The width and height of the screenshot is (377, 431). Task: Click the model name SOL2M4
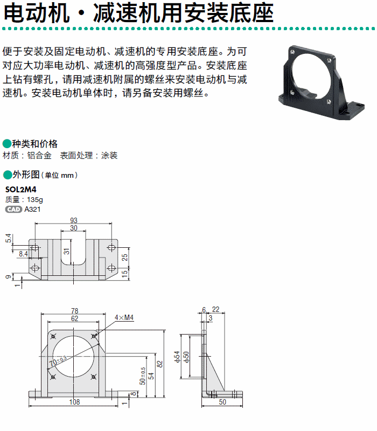click(x=20, y=190)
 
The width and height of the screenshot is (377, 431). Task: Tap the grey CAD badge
click(x=13, y=210)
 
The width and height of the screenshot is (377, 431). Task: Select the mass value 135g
click(x=35, y=199)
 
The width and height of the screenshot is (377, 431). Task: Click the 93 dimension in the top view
click(x=74, y=220)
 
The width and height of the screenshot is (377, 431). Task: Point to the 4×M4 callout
click(x=124, y=317)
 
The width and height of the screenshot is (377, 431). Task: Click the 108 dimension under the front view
click(x=74, y=402)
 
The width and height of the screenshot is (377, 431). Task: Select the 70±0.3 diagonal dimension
click(x=58, y=361)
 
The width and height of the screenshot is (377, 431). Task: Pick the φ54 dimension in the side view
click(x=177, y=357)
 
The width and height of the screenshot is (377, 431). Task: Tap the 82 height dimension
click(x=159, y=364)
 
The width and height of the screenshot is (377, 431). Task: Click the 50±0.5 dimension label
click(x=143, y=376)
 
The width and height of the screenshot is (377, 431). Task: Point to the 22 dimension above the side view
click(x=216, y=309)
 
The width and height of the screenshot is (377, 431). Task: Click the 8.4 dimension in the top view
click(x=23, y=254)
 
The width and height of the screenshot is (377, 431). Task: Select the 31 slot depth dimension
click(x=67, y=252)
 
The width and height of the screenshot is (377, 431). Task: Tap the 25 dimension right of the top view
click(x=124, y=258)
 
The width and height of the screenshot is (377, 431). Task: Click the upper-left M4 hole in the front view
click(x=53, y=336)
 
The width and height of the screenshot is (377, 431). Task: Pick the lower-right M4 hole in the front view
click(x=94, y=377)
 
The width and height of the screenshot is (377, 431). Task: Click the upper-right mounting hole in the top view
click(x=111, y=247)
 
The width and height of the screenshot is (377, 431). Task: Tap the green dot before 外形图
click(x=8, y=175)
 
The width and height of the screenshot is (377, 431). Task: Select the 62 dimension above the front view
click(x=74, y=318)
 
